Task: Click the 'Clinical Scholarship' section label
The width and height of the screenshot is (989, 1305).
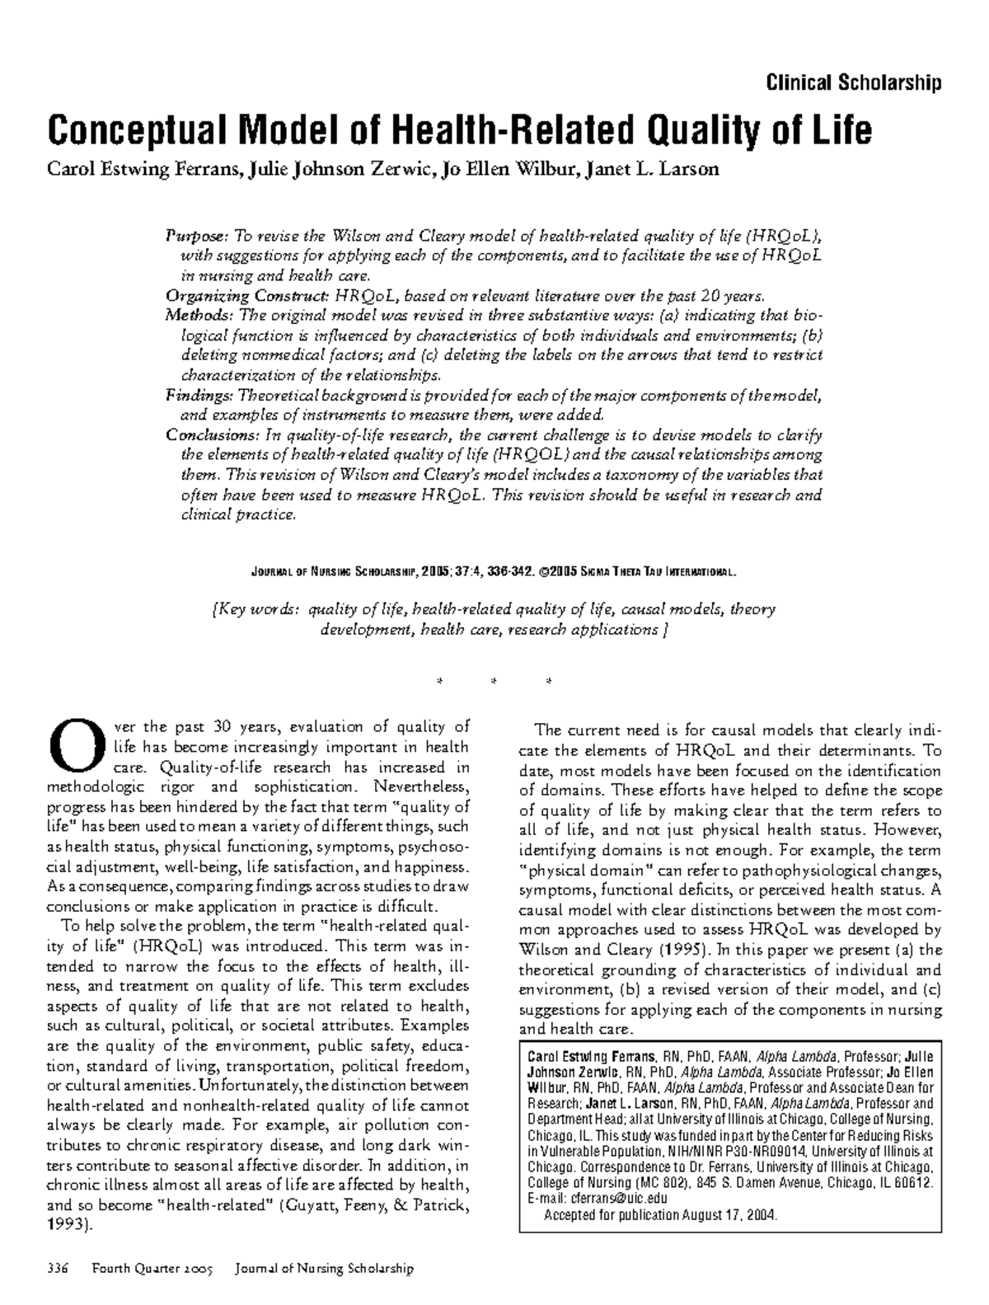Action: (x=853, y=82)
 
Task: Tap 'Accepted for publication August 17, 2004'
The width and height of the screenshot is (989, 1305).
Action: (x=660, y=1215)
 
